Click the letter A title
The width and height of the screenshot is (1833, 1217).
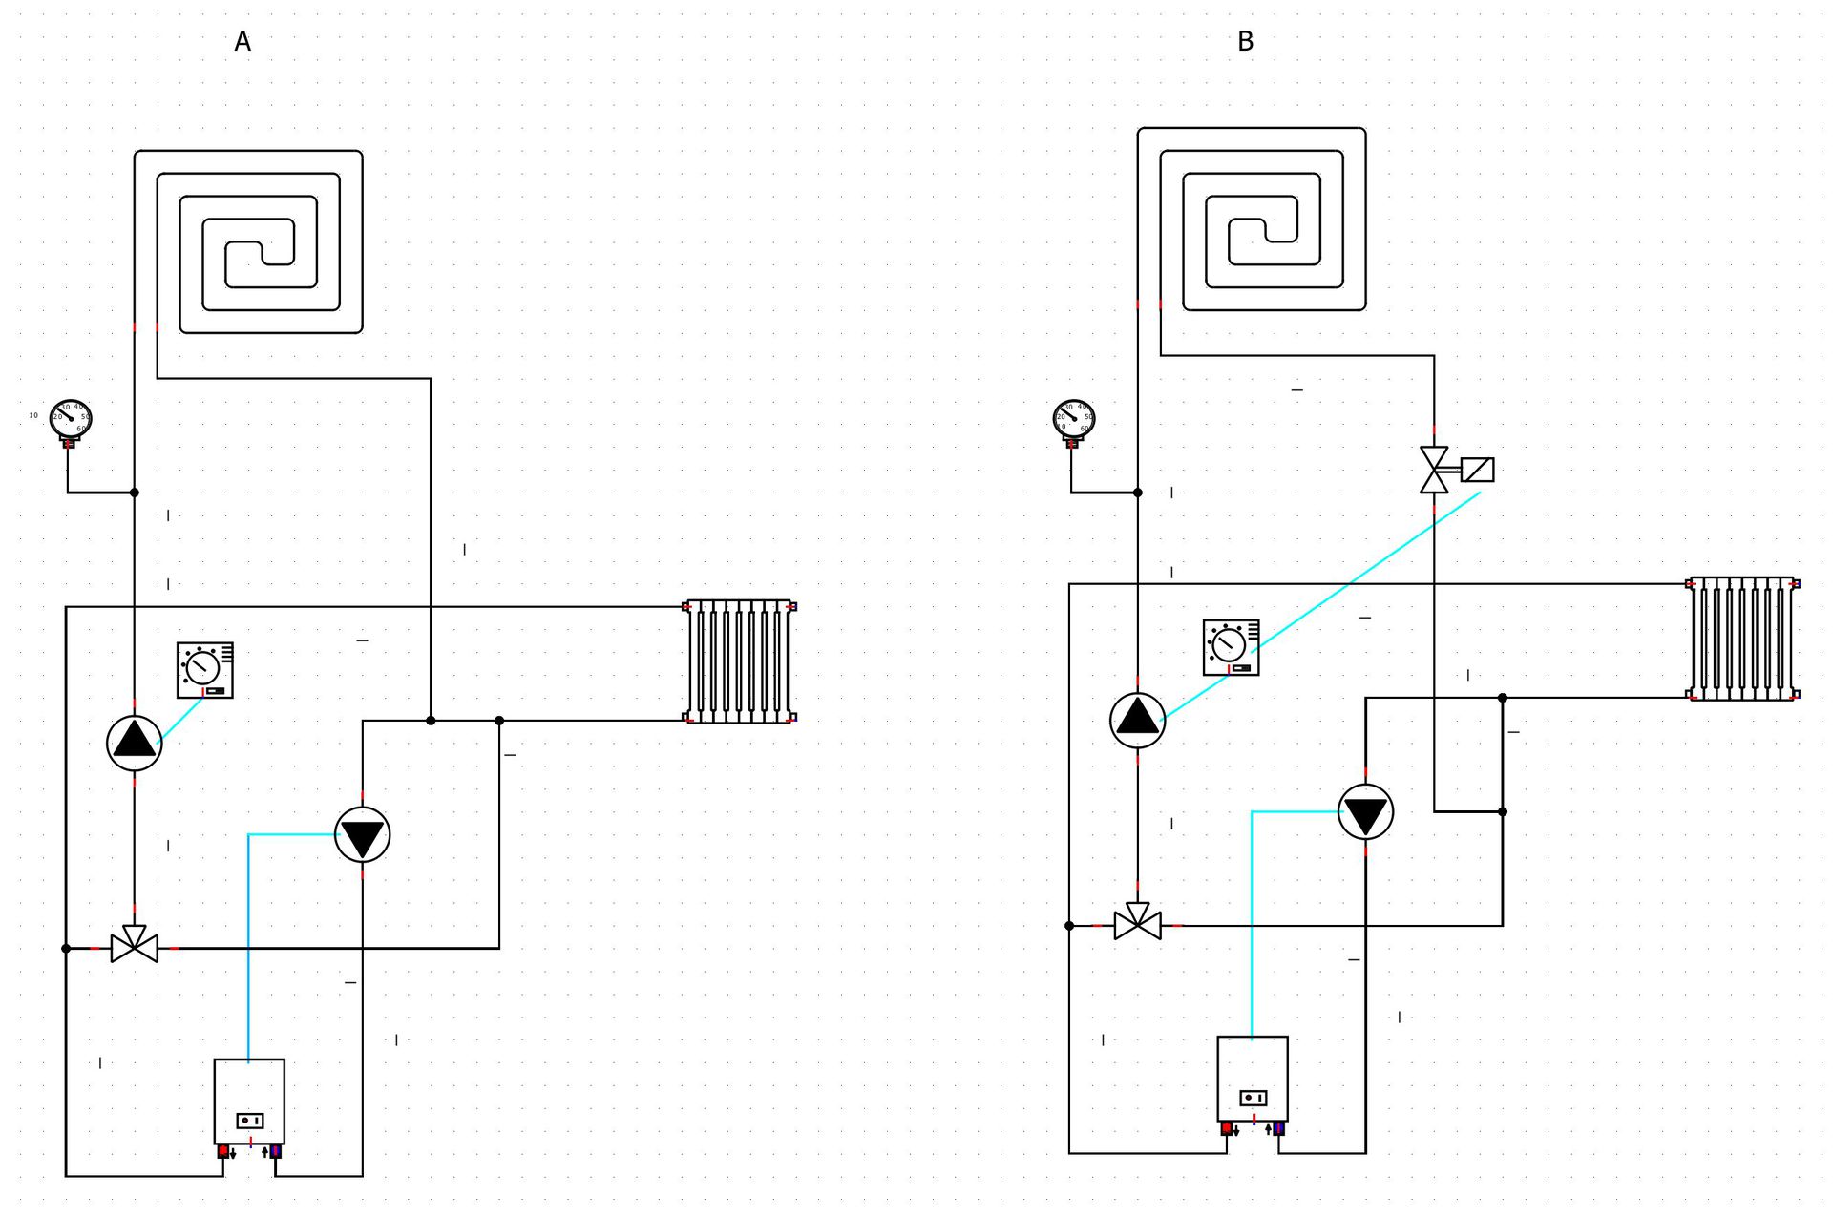click(x=242, y=42)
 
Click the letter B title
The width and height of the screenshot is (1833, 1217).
click(x=1245, y=42)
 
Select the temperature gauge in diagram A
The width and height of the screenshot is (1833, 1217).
click(x=71, y=418)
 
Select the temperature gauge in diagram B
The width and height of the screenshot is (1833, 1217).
click(x=1074, y=418)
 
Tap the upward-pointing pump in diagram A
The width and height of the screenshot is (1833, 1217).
click(x=135, y=743)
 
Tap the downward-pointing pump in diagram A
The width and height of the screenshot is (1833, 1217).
click(x=363, y=835)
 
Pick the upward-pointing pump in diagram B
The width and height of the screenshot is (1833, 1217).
click(x=1138, y=720)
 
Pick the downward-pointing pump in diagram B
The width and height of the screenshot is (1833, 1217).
click(x=1366, y=812)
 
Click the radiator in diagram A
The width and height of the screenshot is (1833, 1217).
click(x=740, y=661)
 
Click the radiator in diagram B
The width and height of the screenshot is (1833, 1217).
click(x=1742, y=639)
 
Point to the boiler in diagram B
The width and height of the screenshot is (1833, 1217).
click(x=1253, y=1078)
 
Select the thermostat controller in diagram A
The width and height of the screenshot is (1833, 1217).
click(x=205, y=669)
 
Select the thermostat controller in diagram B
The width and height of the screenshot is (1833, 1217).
click(x=1231, y=647)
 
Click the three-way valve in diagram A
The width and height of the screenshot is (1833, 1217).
click(x=135, y=945)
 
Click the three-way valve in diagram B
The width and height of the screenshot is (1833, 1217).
click(x=1138, y=922)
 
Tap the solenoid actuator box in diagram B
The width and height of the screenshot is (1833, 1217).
click(x=1478, y=470)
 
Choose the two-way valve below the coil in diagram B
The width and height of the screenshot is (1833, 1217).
click(x=1434, y=470)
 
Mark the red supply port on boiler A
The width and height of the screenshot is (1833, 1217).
click(x=223, y=1151)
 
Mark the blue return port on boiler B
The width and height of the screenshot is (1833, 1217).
click(x=1279, y=1128)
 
